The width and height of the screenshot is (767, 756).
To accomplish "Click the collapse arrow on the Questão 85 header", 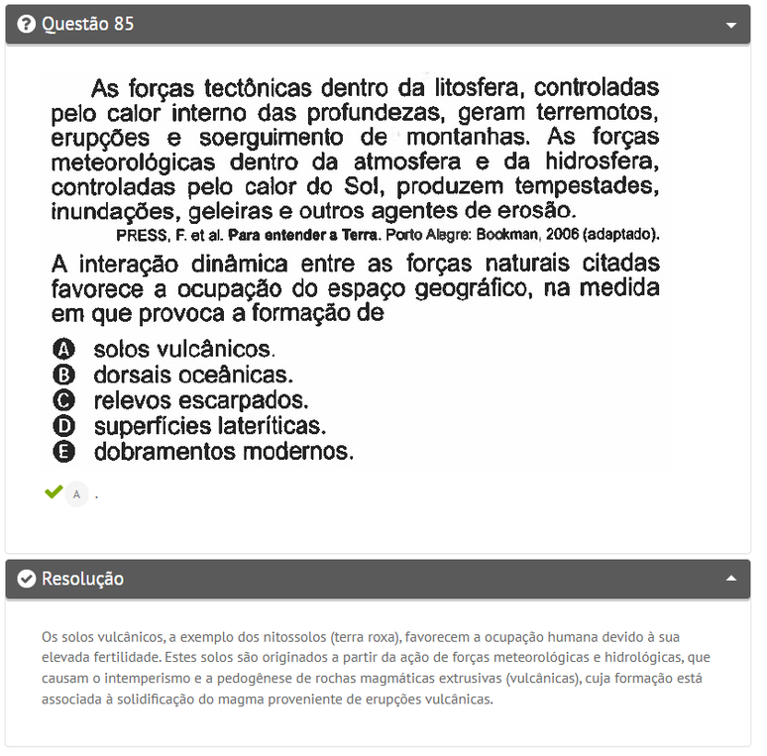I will point(731,25).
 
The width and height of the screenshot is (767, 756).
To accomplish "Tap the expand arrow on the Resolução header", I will point(731,579).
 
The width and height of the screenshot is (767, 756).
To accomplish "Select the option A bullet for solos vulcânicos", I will point(63,350).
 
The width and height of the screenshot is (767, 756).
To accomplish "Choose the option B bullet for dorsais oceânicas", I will point(63,376).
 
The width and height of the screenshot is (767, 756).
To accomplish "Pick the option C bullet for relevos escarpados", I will point(63,401).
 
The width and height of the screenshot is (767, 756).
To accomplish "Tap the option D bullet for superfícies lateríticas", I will point(63,427).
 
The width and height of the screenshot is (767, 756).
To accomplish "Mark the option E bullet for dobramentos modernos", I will point(63,452).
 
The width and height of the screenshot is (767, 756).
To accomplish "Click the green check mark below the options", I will point(53,492).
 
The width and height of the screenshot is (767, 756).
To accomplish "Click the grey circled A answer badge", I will point(76,493).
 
